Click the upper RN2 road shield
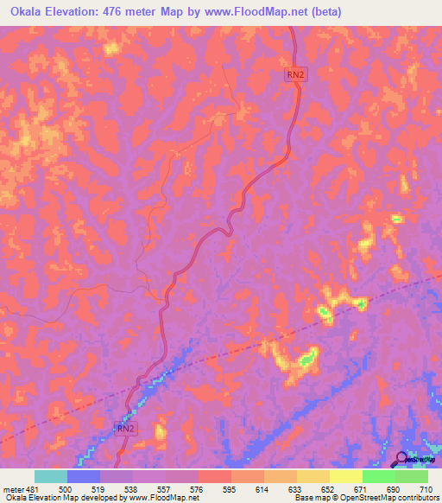295,75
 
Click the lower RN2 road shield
126,428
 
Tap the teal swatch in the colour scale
51,476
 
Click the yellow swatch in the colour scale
345,476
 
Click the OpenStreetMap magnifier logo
401,459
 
